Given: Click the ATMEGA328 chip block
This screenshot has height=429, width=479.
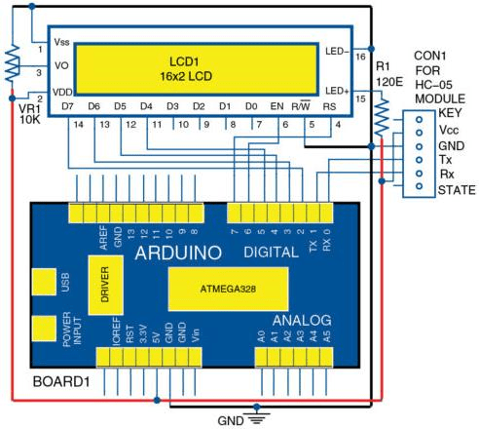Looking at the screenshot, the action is (x=228, y=289).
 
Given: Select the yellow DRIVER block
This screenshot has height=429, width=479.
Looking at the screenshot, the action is (x=106, y=285).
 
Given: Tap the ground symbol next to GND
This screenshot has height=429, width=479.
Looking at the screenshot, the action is (x=257, y=418).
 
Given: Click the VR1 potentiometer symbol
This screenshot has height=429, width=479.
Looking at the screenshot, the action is (x=12, y=64).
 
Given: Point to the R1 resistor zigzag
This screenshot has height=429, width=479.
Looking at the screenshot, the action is (x=382, y=117).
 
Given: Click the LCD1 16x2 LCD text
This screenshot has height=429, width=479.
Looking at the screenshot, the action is (x=186, y=69).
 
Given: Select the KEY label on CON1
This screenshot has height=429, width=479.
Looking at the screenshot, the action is (x=450, y=113).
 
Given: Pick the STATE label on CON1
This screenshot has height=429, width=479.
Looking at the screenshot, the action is (x=457, y=190).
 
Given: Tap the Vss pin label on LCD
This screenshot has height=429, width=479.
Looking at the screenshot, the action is (x=61, y=42).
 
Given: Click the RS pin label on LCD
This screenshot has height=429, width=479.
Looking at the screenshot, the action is (x=329, y=106).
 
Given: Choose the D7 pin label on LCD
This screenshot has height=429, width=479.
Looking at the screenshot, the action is (x=67, y=106).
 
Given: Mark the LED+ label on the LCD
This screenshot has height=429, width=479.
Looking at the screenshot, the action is (x=337, y=91).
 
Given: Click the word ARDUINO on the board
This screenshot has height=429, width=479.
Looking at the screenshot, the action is (x=178, y=253).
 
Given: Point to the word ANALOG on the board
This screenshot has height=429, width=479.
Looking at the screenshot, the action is (x=302, y=321).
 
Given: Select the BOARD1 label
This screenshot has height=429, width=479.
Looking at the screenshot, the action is (x=61, y=382).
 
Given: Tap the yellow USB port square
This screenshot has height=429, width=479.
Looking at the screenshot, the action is (x=44, y=282).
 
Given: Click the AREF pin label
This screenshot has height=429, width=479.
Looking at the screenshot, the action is (x=103, y=238).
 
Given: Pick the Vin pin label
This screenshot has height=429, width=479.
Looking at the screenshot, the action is (x=196, y=335).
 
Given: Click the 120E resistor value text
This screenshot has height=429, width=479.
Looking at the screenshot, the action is (x=389, y=82).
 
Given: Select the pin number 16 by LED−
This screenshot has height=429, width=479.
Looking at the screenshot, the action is (x=360, y=57).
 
